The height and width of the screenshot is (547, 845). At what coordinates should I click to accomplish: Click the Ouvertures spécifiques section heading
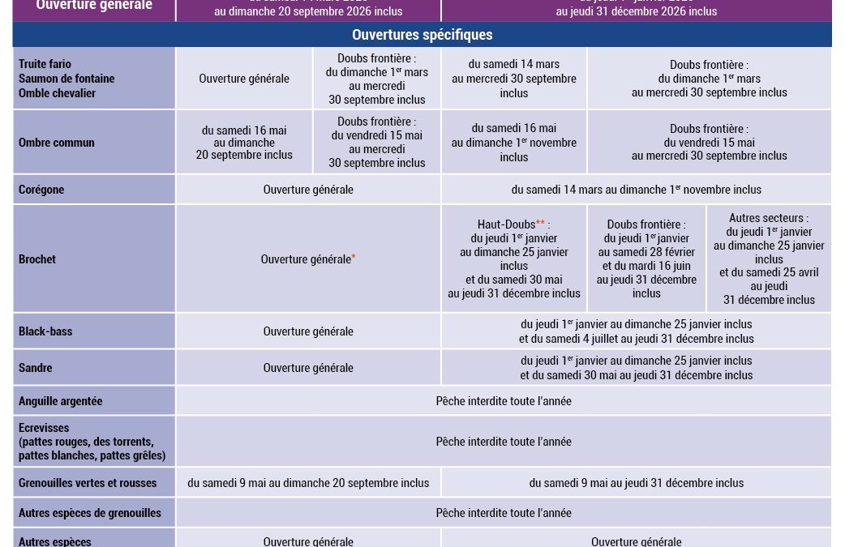pyautogui.click(x=422, y=35)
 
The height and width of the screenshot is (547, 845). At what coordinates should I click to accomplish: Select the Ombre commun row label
pyautogui.click(x=57, y=143)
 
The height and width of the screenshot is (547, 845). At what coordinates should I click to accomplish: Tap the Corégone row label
pyautogui.click(x=41, y=190)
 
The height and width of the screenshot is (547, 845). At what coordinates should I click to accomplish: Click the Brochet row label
pyautogui.click(x=37, y=259)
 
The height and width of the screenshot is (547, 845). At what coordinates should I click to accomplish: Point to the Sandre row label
pyautogui.click(x=36, y=368)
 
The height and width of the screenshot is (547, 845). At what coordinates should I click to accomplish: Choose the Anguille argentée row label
pyautogui.click(x=61, y=401)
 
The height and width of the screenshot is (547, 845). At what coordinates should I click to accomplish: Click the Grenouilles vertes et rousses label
pyautogui.click(x=88, y=483)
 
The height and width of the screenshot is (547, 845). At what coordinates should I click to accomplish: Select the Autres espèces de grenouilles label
pyautogui.click(x=90, y=513)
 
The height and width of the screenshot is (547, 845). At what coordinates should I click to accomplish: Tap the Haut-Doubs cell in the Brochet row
pyautogui.click(x=514, y=259)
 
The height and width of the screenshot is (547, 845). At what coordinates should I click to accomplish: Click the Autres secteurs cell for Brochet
pyautogui.click(x=769, y=259)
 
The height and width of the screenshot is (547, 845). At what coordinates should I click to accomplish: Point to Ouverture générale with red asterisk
pyautogui.click(x=308, y=259)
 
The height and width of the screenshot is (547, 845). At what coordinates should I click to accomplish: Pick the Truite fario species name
pyautogui.click(x=45, y=64)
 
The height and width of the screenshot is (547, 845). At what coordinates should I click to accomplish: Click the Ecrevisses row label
pyautogui.click(x=92, y=442)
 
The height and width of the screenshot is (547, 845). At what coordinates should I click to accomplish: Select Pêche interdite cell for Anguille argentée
pyautogui.click(x=504, y=401)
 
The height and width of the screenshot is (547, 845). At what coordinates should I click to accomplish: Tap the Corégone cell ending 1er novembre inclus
pyautogui.click(x=637, y=190)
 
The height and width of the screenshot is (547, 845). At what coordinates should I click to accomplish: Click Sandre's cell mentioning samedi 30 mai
pyautogui.click(x=637, y=368)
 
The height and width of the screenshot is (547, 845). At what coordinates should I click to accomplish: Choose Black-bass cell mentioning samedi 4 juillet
pyautogui.click(x=637, y=331)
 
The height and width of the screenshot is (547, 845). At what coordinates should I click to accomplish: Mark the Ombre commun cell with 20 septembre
pyautogui.click(x=244, y=143)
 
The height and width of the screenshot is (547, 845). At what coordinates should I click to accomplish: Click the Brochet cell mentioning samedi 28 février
pyautogui.click(x=646, y=259)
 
